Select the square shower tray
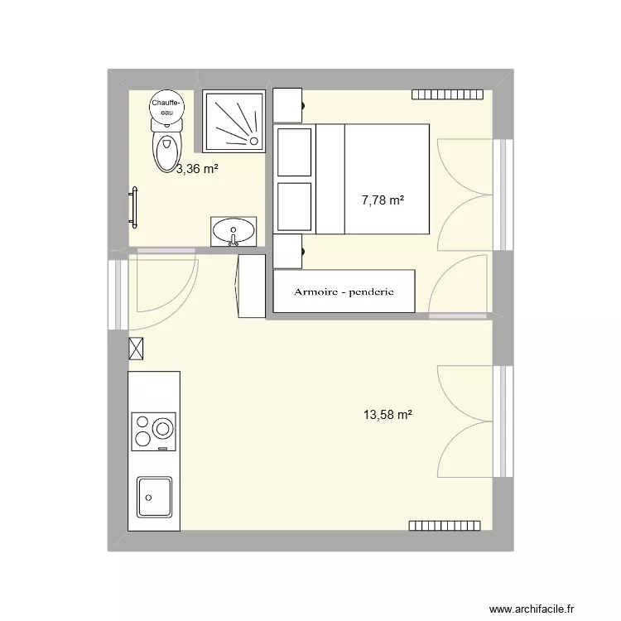pos(234,121)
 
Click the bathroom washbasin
pos(233,231)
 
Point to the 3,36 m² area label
pos(197,170)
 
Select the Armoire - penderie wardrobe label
pos(344,291)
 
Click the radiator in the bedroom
pos(447,95)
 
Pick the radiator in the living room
pos(445,525)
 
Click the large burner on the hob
pos(163,429)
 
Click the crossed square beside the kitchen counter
pos(137,349)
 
